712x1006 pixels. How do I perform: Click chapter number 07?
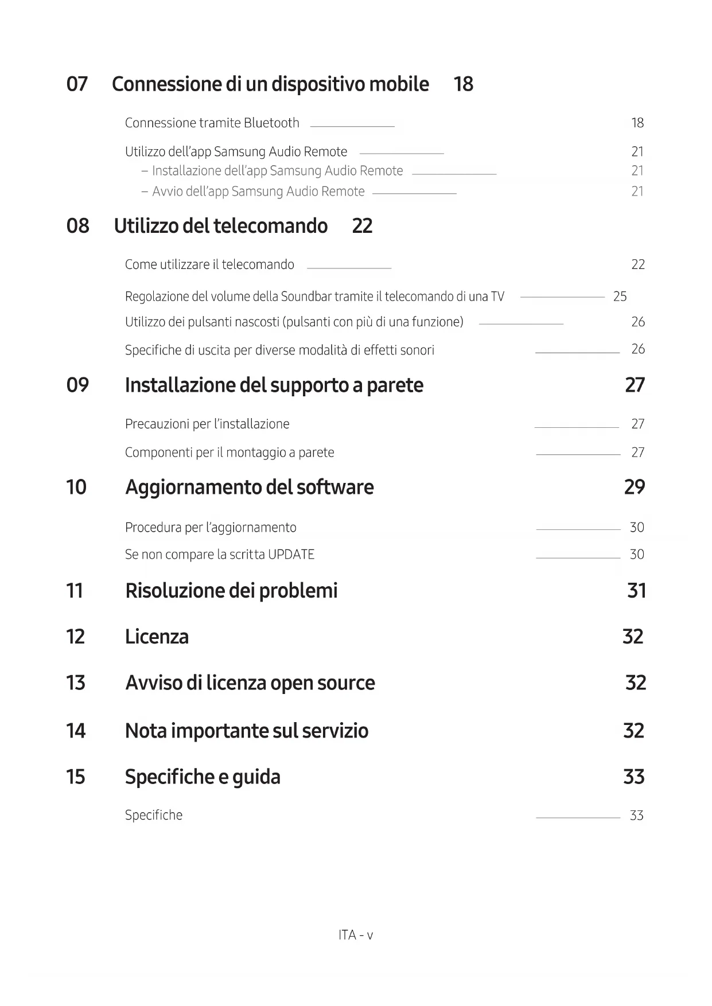77,84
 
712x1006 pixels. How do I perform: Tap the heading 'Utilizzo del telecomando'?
220,226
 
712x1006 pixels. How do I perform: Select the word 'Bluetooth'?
271,123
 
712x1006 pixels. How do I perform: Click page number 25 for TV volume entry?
620,297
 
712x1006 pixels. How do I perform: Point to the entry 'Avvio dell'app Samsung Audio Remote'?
258,192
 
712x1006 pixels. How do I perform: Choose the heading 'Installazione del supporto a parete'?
274,385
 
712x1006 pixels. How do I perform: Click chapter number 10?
76,487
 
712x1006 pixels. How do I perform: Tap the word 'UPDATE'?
291,555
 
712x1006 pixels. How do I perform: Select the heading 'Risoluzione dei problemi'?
231,590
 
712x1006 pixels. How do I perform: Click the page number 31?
636,590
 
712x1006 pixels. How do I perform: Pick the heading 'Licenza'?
157,637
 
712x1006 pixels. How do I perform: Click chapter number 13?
76,683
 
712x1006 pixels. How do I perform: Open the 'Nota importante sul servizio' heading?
247,731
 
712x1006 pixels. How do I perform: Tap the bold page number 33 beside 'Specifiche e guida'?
634,777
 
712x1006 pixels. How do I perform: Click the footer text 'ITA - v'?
356,935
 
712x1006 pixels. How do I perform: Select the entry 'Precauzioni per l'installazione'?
207,424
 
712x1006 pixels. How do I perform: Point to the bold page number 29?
635,487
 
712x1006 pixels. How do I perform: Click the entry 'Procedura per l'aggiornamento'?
211,527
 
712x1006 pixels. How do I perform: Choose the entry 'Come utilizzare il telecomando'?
209,264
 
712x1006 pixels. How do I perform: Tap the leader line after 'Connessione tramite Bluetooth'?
352,126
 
